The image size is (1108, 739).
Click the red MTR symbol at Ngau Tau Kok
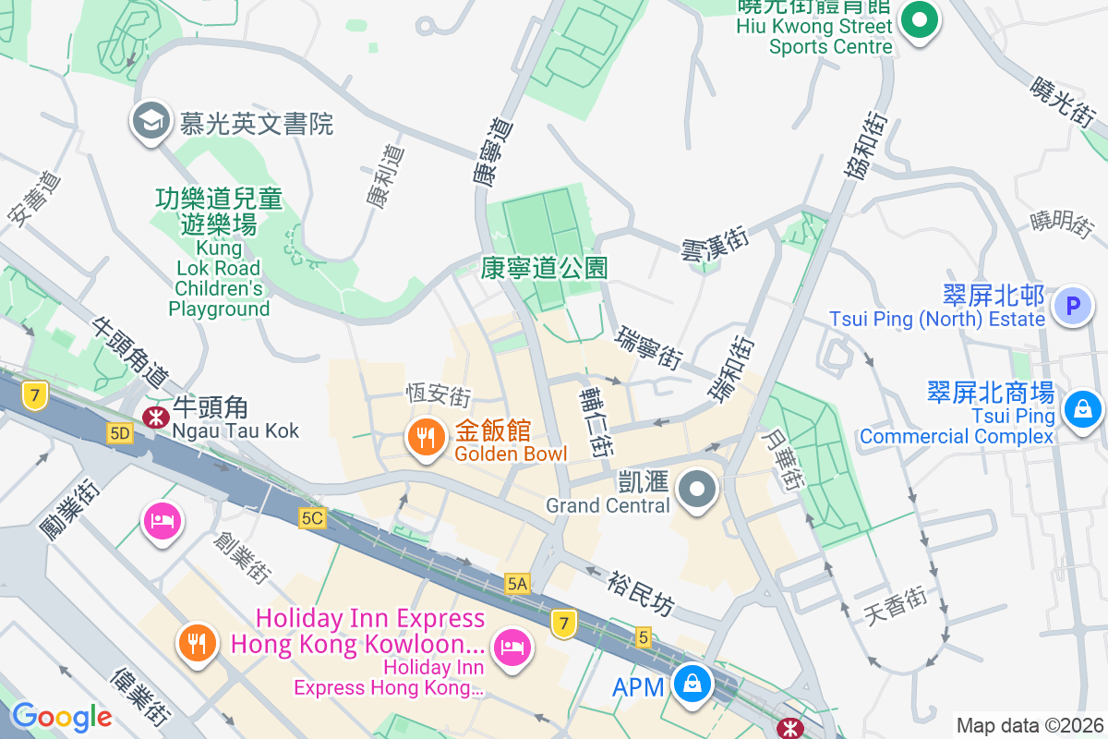[154, 417]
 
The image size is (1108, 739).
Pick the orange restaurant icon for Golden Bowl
[425, 439]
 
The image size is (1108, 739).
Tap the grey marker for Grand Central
[697, 490]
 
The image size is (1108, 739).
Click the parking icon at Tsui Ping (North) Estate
[1073, 306]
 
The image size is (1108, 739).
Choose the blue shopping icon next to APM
[690, 684]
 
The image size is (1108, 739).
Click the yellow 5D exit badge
[119, 433]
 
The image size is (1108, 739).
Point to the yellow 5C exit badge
[312, 518]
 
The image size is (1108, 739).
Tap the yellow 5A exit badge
[517, 583]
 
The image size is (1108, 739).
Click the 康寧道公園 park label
[545, 268]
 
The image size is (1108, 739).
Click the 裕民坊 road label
[641, 593]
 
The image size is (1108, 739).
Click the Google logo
[62, 716]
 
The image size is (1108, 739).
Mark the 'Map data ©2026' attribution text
[1029, 725]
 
